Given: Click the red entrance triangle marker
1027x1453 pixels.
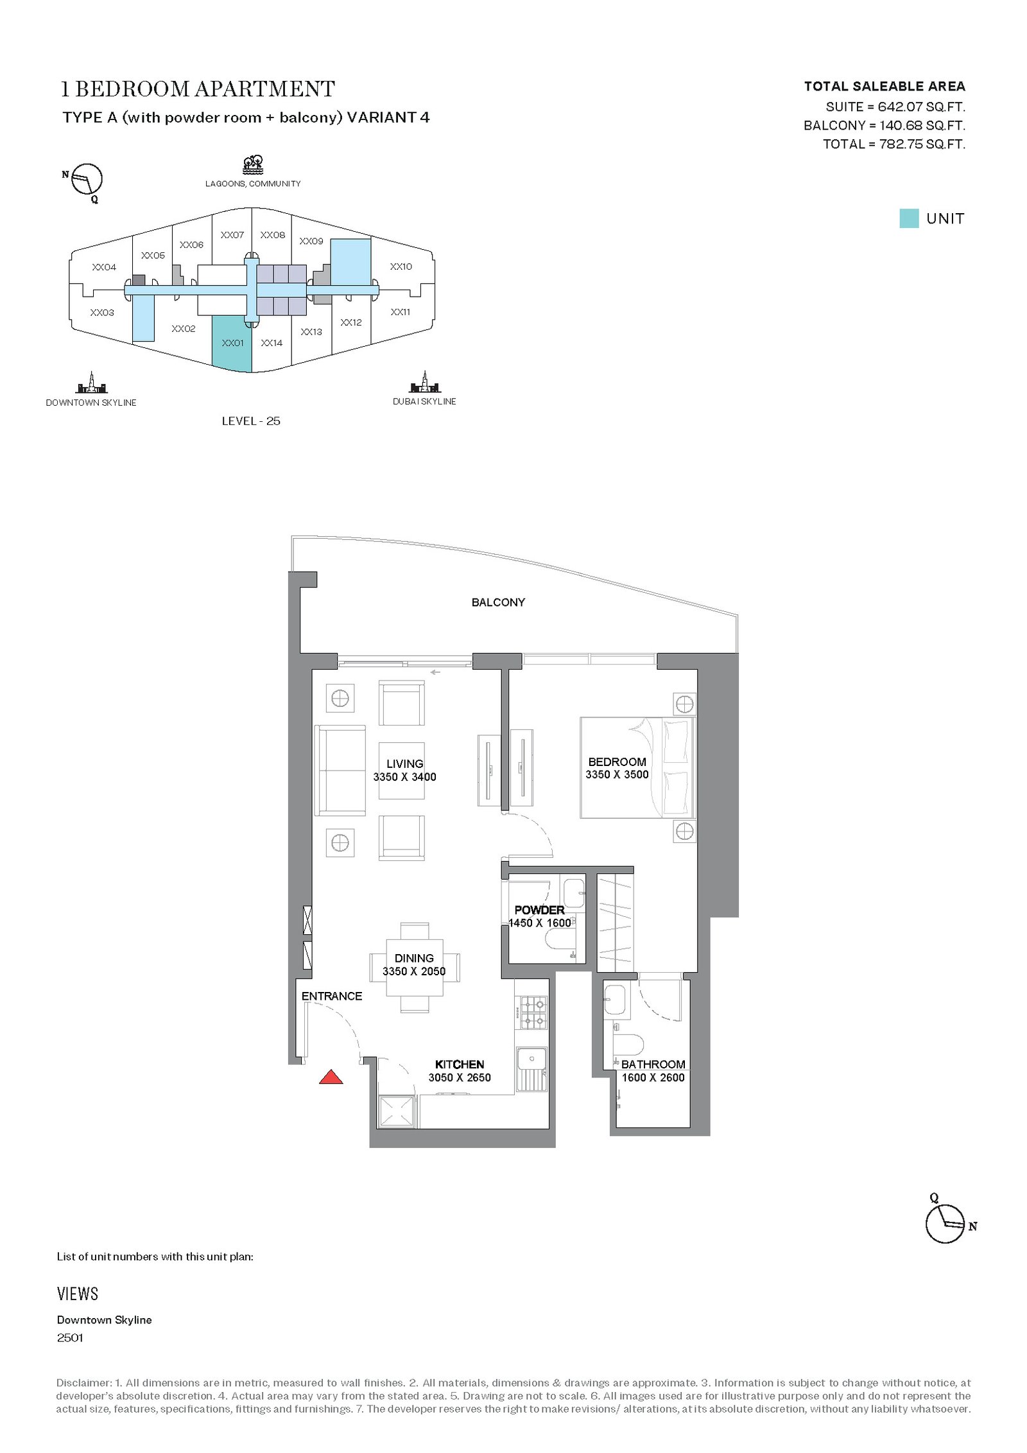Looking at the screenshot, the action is click(331, 1077).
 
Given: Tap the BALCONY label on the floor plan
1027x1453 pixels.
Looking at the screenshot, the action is click(498, 602).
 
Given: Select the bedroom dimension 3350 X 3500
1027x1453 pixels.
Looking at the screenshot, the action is click(617, 774).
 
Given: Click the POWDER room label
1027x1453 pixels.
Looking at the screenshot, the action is click(539, 910).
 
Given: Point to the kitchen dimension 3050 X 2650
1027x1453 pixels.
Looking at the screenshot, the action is click(460, 1077).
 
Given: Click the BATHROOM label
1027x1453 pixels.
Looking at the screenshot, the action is click(653, 1064).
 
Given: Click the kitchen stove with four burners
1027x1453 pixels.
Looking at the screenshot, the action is click(532, 1012).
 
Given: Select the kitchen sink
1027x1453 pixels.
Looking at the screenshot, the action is click(531, 1070).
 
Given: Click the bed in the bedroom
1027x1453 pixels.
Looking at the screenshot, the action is click(637, 768).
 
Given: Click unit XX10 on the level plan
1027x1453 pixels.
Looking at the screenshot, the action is click(401, 266).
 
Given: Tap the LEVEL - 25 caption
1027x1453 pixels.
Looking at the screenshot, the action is click(251, 421).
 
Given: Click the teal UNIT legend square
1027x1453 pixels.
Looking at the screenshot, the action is click(909, 218).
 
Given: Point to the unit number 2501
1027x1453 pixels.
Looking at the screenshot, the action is click(70, 1337).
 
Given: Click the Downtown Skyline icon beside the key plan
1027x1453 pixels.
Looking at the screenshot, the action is click(92, 383).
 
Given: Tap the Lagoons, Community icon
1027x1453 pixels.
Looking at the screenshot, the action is click(253, 165).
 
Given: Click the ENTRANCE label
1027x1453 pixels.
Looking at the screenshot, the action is click(332, 996).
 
